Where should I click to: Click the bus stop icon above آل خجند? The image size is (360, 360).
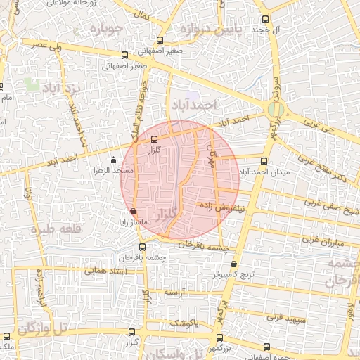tap(265, 20)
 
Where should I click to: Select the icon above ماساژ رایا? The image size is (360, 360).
tap(134, 211)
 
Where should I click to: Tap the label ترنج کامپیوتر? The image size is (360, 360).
tap(237, 274)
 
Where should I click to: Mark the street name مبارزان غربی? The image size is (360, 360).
tap(326, 238)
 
